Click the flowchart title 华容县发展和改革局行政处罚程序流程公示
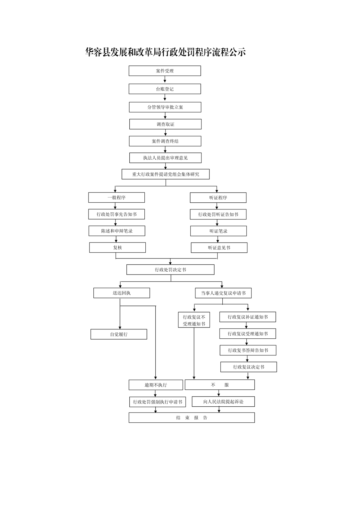point(166,52)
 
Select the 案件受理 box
point(165,71)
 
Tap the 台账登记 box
point(165,89)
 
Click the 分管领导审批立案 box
point(165,107)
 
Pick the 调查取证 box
point(166,124)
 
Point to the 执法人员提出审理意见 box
point(166,158)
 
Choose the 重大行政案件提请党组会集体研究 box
point(166,174)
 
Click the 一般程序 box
point(116,198)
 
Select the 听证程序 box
point(218,198)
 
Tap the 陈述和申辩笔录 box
point(117,231)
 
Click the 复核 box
point(117,248)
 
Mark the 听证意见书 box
point(219,248)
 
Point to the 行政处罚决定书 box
point(170,269)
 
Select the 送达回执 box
point(122,293)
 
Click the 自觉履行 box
point(119,334)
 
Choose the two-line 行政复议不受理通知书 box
point(194,320)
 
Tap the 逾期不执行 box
point(156,385)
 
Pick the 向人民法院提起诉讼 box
point(223,402)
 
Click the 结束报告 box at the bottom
point(192,418)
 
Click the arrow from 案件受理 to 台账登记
point(165,79)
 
